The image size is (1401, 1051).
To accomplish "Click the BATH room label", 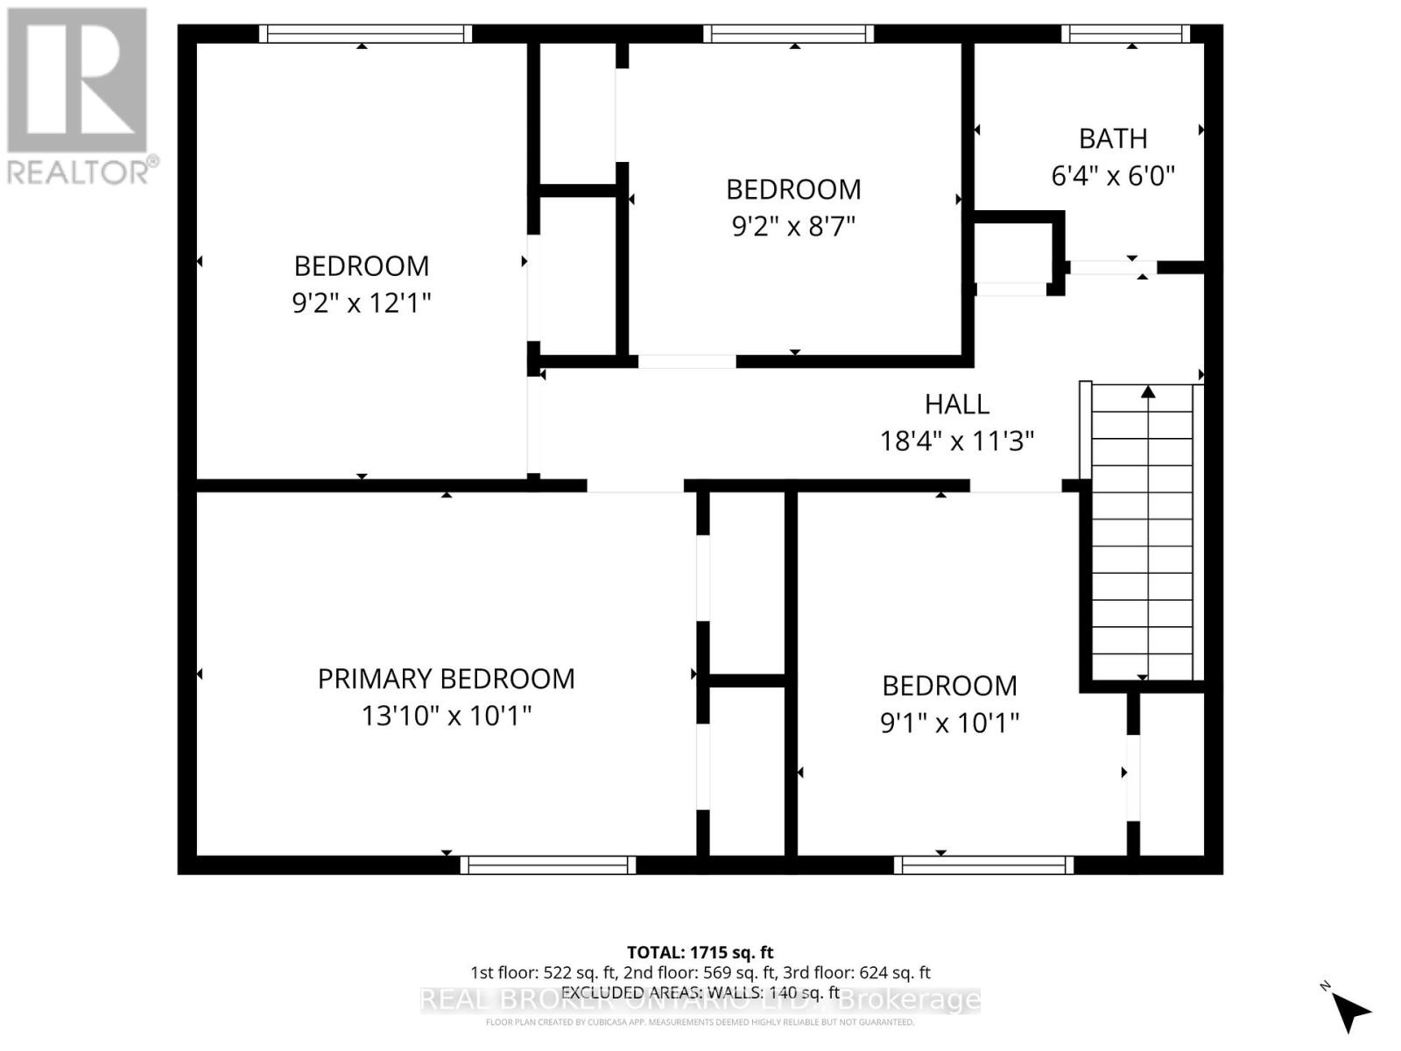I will coord(1112,138).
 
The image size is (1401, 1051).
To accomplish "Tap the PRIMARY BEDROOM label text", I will coord(446,679).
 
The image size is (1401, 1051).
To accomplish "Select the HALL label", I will coord(957,404).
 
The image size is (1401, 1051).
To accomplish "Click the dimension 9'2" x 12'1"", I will coord(361,303).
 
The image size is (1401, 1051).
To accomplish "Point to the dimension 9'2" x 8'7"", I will coord(793,227).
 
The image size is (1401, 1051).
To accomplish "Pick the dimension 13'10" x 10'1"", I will coord(446,716).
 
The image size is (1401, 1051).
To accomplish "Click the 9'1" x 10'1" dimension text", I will coord(949,723).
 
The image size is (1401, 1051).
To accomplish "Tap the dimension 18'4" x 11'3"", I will coord(957,441).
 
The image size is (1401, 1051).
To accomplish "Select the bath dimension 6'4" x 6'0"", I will coord(1112,176).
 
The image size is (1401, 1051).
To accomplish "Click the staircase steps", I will coord(1143,543).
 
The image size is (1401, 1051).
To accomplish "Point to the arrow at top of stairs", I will coord(1148,391).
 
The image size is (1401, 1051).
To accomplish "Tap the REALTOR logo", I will coord(79,96).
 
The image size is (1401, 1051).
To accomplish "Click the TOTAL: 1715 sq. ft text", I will coord(700,952).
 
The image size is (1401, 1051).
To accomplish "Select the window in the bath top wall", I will coord(1126,34).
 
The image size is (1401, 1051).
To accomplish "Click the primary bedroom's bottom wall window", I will coord(548,865).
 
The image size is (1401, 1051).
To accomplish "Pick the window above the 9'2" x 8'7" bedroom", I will coord(788,34).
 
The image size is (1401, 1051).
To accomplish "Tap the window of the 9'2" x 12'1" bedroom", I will coord(365,34).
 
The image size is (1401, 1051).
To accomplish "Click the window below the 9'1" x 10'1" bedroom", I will coord(983,865).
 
